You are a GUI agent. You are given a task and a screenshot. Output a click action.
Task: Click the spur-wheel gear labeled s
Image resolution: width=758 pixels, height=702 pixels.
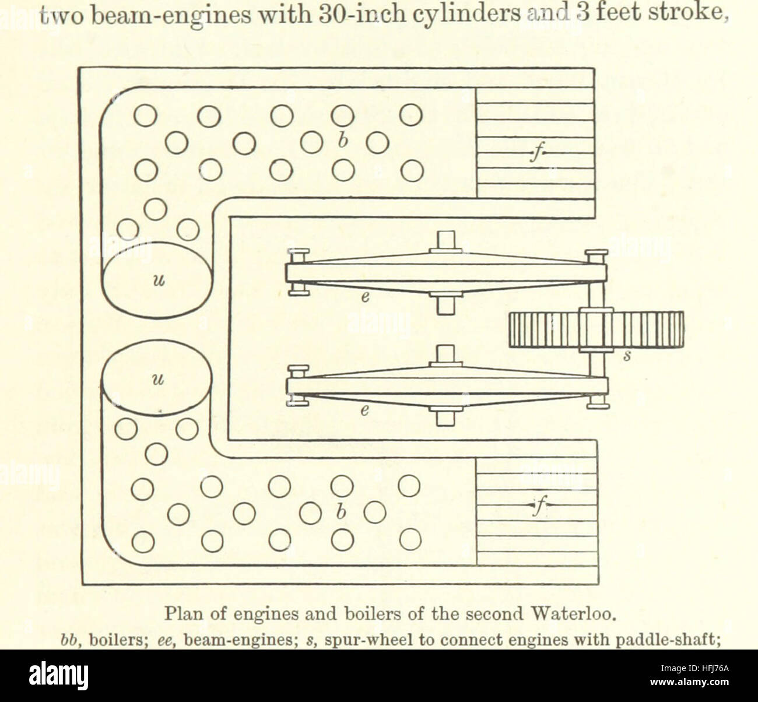point(596,330)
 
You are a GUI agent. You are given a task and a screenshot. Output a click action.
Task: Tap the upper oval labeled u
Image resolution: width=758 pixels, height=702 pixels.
point(156,280)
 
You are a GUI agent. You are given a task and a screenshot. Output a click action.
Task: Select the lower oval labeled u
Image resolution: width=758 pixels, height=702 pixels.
point(156,378)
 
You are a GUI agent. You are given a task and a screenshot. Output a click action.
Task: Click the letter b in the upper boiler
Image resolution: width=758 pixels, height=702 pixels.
point(343,141)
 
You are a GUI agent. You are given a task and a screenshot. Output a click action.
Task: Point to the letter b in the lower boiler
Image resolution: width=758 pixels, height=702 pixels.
point(341,512)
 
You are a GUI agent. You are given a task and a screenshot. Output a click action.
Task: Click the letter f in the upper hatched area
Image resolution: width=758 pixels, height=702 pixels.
point(537,153)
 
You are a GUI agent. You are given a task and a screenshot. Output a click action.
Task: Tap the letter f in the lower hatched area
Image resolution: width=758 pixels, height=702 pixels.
point(538,506)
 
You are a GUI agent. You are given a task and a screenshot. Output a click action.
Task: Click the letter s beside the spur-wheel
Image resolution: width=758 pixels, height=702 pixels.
point(627,356)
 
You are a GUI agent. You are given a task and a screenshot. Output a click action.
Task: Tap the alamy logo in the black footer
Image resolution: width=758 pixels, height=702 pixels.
point(58,675)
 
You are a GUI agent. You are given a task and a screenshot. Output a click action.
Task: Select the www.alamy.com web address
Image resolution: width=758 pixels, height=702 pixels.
point(689,682)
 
